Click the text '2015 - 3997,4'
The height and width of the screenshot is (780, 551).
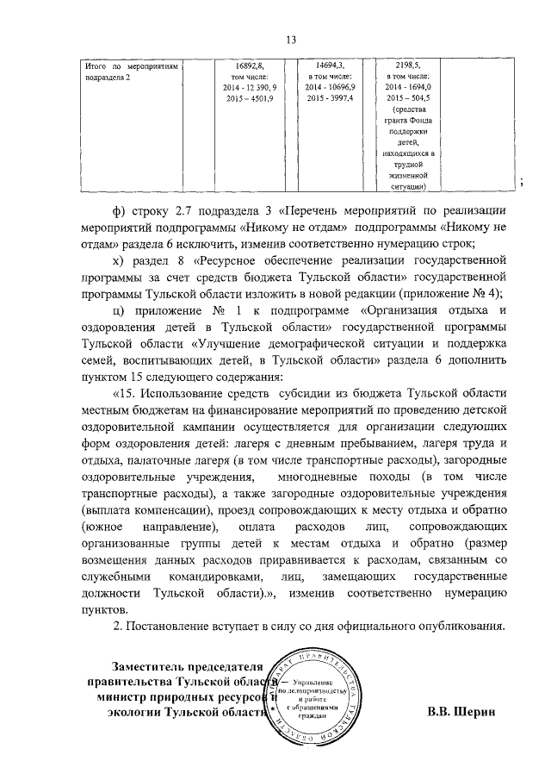point(328,98)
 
